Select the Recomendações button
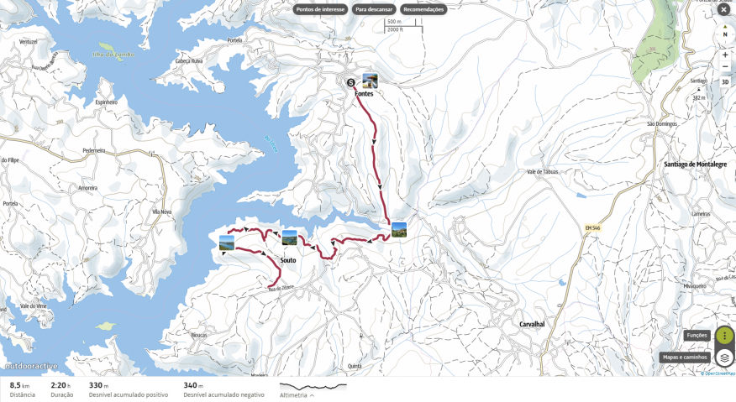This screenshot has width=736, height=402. (423, 9)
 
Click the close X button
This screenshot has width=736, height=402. (723, 9)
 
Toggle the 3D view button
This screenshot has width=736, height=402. (725, 81)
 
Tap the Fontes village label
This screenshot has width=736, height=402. (365, 94)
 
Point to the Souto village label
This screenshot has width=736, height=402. (287, 260)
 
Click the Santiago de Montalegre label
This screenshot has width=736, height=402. (695, 164)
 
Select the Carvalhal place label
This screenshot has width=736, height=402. (532, 324)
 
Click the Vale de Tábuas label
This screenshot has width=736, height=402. (542, 171)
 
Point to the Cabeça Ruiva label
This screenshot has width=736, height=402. (189, 61)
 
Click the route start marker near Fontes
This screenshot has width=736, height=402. (350, 81)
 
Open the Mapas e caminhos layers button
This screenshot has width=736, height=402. (724, 358)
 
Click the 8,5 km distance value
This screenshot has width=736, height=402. (20, 385)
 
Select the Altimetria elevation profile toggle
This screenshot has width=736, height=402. (297, 394)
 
